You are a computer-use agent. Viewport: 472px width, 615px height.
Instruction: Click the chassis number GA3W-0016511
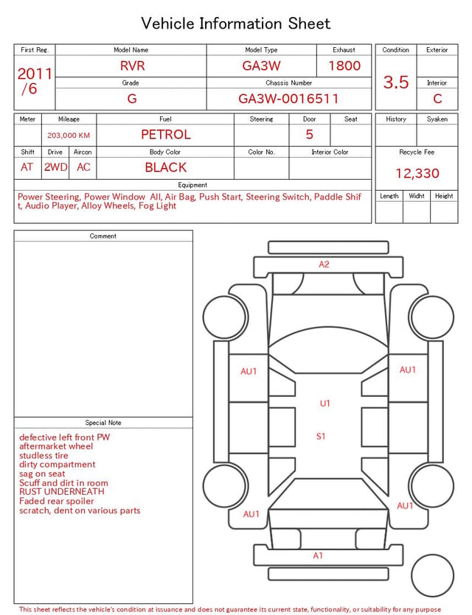click(288, 99)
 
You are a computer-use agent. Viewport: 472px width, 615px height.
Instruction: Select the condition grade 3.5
click(396, 82)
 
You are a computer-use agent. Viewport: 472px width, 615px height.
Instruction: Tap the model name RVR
click(132, 66)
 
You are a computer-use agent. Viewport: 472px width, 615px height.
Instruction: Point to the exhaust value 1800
click(344, 66)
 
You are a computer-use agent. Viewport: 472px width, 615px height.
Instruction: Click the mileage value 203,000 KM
click(69, 136)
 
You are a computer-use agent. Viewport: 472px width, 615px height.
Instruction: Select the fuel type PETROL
click(166, 135)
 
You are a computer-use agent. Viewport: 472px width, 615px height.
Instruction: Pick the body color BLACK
click(166, 167)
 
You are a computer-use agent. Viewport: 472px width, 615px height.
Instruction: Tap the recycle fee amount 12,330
click(417, 173)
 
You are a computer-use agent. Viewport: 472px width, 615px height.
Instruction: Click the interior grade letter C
click(437, 99)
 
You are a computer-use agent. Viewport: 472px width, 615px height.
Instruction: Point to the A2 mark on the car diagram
click(324, 264)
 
